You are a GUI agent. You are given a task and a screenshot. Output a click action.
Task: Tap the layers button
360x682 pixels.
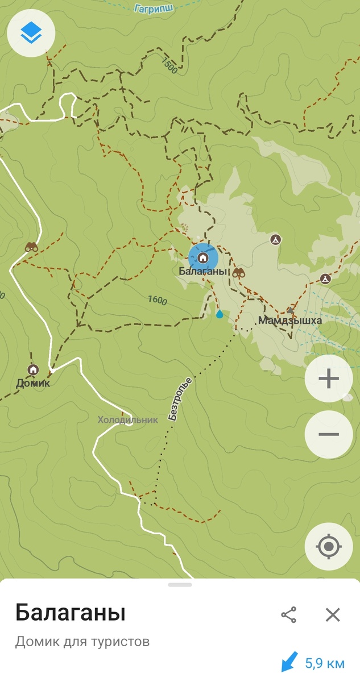[31, 34]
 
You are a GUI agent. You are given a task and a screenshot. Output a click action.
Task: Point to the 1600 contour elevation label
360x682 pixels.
[157, 300]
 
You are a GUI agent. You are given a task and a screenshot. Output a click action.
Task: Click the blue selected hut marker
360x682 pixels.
[203, 257]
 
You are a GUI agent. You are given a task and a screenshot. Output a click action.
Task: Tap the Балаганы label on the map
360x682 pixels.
[203, 272]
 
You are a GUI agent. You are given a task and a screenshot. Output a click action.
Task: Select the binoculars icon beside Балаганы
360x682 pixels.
[239, 273]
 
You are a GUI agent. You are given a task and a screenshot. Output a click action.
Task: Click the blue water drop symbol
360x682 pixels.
[220, 314]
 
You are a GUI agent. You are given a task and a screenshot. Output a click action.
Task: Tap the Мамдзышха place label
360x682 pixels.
[290, 321]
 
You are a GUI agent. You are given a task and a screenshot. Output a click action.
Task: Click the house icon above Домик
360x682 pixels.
[34, 369]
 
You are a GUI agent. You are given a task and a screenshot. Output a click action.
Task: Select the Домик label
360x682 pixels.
[33, 383]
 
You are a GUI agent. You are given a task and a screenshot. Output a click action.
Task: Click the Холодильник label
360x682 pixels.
[127, 420]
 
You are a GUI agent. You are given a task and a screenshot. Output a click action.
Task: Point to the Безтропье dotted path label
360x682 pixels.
[181, 397]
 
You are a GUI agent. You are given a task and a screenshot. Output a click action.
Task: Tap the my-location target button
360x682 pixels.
[328, 547]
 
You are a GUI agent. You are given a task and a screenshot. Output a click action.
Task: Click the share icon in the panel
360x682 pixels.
[289, 614]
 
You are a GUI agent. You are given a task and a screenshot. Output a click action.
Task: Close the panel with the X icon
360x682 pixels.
[333, 614]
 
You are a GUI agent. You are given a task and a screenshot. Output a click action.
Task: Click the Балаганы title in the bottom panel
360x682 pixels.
[70, 613]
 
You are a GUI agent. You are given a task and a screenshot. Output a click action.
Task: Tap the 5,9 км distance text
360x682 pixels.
[325, 663]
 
